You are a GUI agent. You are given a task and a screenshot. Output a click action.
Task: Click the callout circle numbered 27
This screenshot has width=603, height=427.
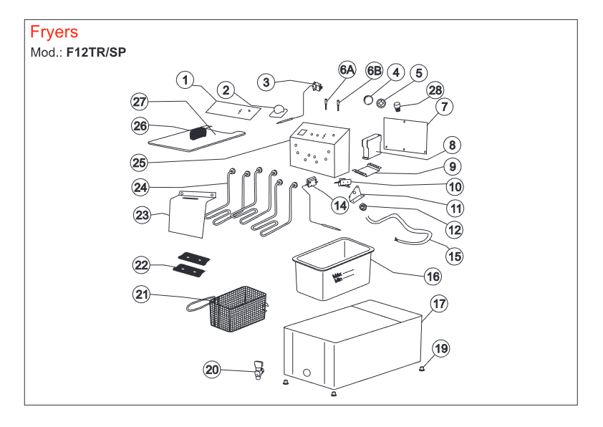139,101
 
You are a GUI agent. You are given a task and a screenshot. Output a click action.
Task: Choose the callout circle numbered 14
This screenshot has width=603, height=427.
339,205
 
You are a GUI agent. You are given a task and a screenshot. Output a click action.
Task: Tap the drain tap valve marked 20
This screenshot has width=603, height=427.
257,373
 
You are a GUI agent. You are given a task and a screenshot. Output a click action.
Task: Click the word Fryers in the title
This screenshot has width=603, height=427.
54,32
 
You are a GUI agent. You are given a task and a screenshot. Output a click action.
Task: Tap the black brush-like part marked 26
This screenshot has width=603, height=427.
198,133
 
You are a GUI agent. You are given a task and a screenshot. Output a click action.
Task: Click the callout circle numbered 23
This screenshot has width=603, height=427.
142,214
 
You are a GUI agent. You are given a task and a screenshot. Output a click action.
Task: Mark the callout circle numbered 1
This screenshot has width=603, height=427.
185,80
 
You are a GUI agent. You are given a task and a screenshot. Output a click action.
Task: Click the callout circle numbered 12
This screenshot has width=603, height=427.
453,230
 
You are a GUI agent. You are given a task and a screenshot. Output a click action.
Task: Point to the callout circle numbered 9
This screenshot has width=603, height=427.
452,166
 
